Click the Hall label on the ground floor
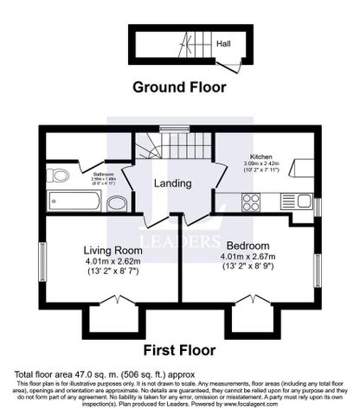click(x=223, y=41)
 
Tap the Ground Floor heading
click(x=179, y=86)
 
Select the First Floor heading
click(x=180, y=352)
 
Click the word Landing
click(x=173, y=184)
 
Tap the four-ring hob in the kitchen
click(x=251, y=201)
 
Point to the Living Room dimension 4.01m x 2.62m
click(x=113, y=260)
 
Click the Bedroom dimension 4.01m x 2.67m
click(x=248, y=257)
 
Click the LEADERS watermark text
click(x=180, y=239)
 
